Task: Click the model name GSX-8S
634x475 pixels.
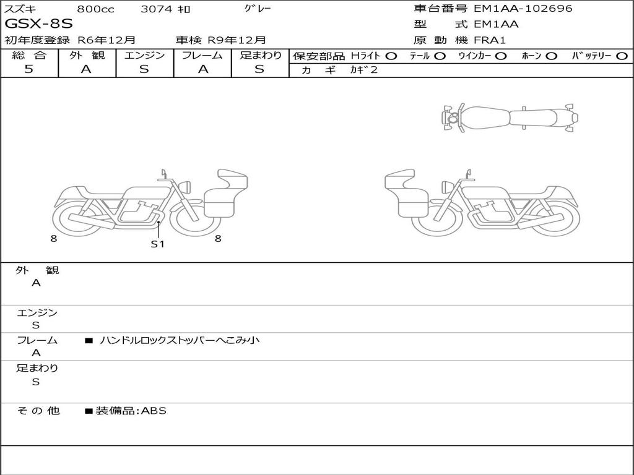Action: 39,24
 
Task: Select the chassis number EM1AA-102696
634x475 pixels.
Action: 523,8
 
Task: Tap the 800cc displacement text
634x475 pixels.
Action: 95,9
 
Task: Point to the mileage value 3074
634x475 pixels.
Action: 156,9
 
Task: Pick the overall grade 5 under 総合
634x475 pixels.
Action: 28,69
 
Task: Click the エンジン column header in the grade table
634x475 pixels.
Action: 144,55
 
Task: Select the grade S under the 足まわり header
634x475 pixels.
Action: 259,69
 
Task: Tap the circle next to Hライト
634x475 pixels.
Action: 391,56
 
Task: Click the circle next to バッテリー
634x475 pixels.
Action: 622,56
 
